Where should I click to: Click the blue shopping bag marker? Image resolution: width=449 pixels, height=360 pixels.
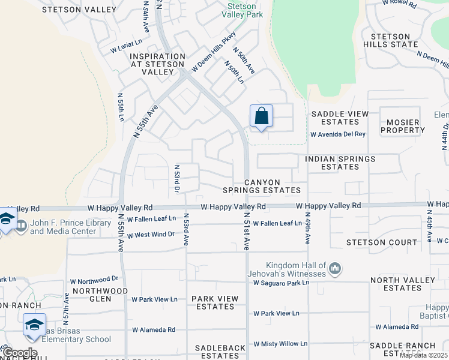coord(261,116)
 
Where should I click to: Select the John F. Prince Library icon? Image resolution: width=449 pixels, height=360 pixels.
coord(21,226)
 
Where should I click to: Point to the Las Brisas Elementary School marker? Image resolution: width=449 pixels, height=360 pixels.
coord(34,326)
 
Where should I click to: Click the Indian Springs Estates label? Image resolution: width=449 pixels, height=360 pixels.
coord(340,163)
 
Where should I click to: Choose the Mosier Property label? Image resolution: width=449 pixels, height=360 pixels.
coord(403,126)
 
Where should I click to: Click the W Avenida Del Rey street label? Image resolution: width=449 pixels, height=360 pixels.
coord(337,134)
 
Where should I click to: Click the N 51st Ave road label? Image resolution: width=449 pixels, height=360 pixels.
coord(247,235)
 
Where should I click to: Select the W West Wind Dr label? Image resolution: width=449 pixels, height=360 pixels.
coord(147,234)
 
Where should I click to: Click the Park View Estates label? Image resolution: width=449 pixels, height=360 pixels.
coord(215,302)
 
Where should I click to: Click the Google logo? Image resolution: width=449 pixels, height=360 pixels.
coord(20,353)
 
